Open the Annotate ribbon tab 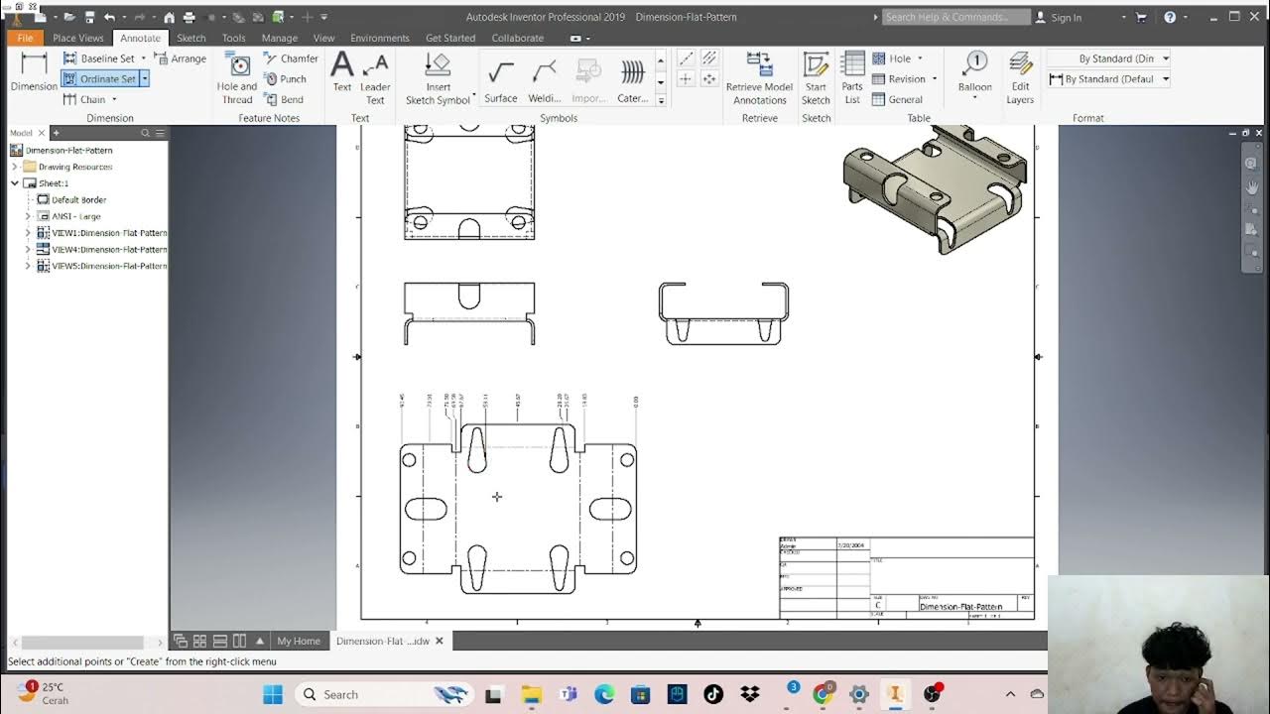point(140,38)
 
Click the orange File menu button point(25,38)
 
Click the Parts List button point(852,76)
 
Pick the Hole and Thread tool point(237,76)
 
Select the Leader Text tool point(375,76)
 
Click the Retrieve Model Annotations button point(759,76)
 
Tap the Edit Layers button point(1020,76)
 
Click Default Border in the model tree point(78,199)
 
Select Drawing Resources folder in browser point(74,167)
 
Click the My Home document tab point(299,641)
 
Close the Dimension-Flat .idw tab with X point(440,641)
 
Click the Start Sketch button point(816,76)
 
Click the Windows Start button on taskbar point(273,694)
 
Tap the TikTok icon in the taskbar point(713,694)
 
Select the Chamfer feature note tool point(291,59)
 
